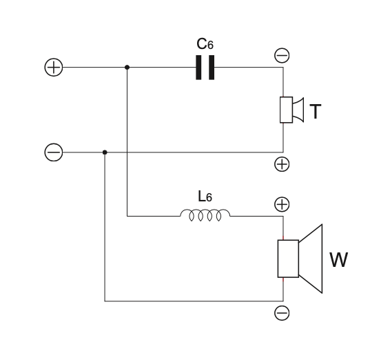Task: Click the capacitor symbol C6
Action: click(205, 68)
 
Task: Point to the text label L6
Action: click(205, 197)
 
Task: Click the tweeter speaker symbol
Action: click(291, 110)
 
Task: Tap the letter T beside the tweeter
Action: click(315, 112)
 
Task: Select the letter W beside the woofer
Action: click(338, 261)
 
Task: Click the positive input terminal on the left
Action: click(53, 68)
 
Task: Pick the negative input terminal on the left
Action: click(53, 152)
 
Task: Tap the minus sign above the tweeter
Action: click(282, 54)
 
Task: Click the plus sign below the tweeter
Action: click(282, 164)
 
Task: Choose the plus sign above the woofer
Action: click(282, 204)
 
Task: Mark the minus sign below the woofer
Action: click(282, 314)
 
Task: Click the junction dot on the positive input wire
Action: click(127, 68)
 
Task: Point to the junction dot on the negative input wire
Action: click(105, 152)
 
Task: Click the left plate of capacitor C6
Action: click(198, 68)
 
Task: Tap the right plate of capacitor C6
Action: click(212, 68)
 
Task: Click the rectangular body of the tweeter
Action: click(286, 110)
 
